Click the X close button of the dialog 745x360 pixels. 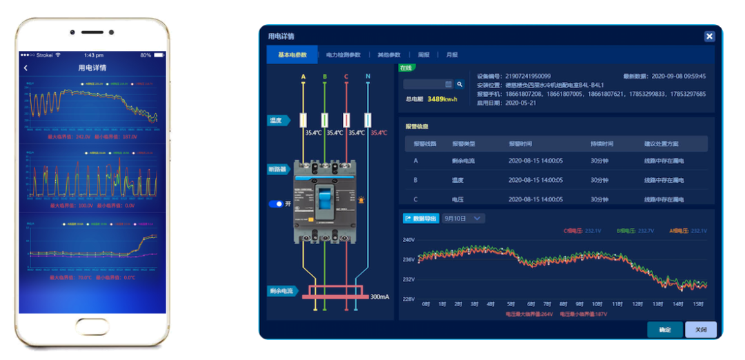tap(709, 37)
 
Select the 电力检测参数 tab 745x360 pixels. tap(343, 55)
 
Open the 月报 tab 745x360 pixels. tap(452, 55)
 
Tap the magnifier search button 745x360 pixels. tap(460, 84)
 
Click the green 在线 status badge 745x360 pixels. tap(406, 68)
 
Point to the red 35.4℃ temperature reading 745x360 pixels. tap(379, 132)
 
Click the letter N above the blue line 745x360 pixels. tap(368, 77)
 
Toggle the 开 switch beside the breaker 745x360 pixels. tap(276, 204)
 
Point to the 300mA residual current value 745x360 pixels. tap(379, 296)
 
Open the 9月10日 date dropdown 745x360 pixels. tap(464, 219)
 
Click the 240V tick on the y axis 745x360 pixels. tap(408, 240)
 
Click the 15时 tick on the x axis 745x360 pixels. tap(699, 304)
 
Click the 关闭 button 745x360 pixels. tap(700, 330)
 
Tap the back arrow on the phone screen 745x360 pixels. tap(26, 68)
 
